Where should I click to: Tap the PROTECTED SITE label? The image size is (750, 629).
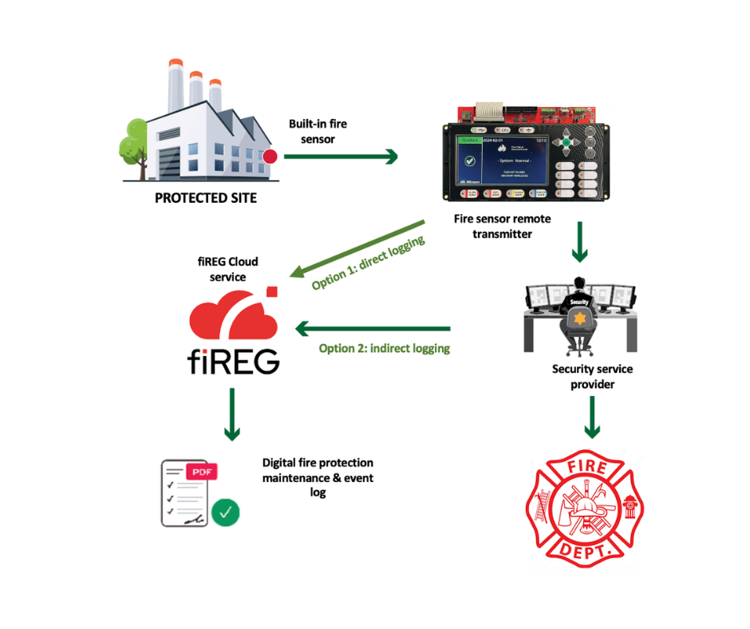(x=206, y=198)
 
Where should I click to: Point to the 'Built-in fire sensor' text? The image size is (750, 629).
(x=318, y=131)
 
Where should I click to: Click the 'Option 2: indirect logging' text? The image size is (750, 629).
(x=384, y=348)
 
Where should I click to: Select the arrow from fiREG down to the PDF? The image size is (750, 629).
(x=232, y=414)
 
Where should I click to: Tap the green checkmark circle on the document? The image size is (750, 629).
(x=225, y=512)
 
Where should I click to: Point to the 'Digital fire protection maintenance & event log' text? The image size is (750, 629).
(x=318, y=477)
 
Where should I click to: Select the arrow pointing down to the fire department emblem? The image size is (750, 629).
(x=592, y=417)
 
